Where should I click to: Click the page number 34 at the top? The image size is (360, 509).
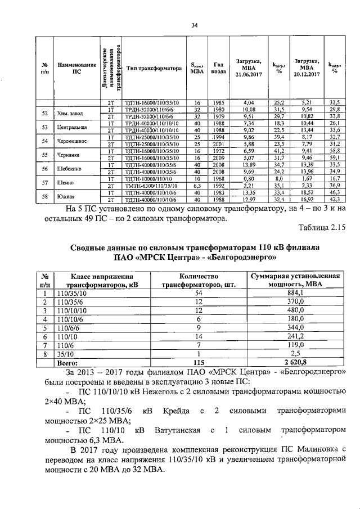pos(195,25)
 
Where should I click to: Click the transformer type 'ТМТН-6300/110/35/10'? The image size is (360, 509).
pos(151,186)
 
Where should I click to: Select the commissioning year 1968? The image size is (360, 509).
pos(219,179)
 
